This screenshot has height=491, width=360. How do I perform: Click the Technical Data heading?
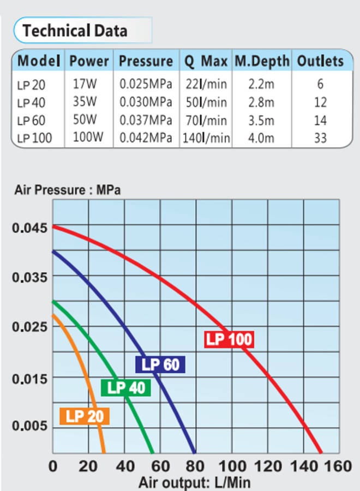tap(75, 30)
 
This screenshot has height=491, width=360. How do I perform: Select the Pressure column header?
tap(146, 61)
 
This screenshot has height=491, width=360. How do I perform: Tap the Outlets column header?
tap(320, 61)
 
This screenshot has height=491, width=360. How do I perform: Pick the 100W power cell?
tap(88, 137)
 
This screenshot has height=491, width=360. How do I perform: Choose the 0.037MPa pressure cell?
tap(146, 119)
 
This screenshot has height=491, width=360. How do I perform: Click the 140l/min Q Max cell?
tap(206, 137)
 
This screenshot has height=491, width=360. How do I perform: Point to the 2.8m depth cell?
tap(261, 102)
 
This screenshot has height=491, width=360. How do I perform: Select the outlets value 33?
tap(320, 137)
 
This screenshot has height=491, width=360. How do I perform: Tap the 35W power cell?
tap(86, 102)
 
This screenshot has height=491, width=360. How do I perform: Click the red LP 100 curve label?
tap(229, 339)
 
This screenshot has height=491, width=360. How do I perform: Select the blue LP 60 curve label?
tap(160, 364)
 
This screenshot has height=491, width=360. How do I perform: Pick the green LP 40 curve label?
tap(126, 388)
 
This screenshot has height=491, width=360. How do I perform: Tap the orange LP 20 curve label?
tap(85, 416)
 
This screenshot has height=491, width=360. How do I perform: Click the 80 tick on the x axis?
tap(196, 467)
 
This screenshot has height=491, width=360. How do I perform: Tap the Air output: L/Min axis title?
tap(195, 482)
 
